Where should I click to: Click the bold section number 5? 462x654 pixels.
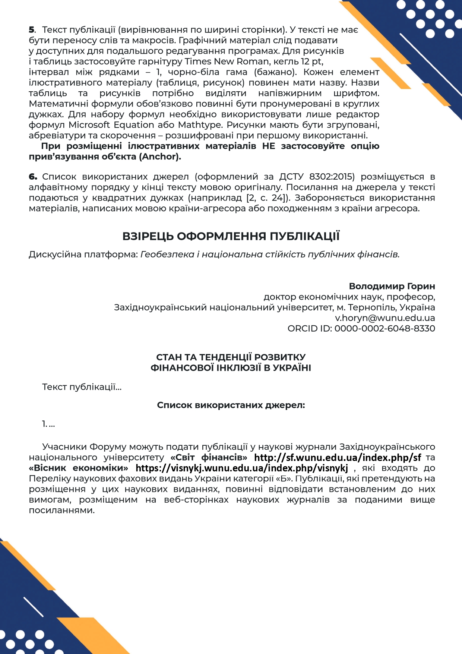(32, 30)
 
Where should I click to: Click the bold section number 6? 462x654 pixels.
(33, 177)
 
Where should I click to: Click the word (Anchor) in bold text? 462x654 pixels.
(160, 157)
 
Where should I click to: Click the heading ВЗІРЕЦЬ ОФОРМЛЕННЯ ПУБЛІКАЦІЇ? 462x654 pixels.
(231, 236)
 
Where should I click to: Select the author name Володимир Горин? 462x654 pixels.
(392, 286)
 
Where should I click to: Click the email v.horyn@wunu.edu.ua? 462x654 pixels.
(385, 318)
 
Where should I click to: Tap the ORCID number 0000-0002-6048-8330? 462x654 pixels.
(385, 328)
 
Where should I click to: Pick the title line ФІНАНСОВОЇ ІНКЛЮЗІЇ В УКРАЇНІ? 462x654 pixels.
(231, 368)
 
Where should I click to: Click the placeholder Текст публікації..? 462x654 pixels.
(82, 387)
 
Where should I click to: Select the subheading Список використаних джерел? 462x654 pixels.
(231, 405)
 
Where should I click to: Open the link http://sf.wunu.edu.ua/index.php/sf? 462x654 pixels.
(338, 457)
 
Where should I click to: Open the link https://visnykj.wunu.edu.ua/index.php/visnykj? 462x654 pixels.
(242, 468)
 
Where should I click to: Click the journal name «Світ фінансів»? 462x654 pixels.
(209, 457)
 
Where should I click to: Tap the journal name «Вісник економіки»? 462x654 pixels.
(79, 468)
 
